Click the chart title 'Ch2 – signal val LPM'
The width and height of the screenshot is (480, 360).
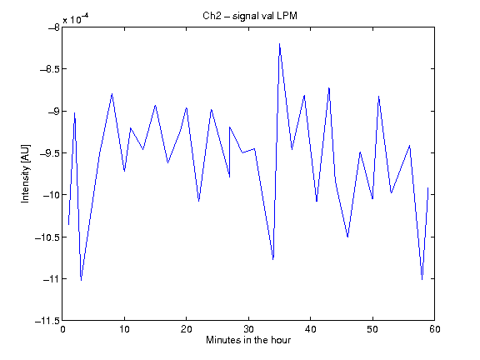(x=250, y=16)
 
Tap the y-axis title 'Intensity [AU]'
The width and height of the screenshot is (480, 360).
(x=25, y=173)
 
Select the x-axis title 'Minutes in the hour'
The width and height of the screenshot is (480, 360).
(x=248, y=340)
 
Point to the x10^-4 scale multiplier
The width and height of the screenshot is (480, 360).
(x=76, y=19)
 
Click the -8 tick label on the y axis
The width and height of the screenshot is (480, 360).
(x=54, y=27)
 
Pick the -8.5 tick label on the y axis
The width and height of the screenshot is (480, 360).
(x=50, y=69)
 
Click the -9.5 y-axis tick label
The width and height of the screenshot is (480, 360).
(x=50, y=153)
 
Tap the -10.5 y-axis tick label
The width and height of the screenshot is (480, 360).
(x=47, y=237)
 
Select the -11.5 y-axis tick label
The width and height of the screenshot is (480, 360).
(x=47, y=321)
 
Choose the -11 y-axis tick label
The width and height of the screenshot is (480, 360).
(x=52, y=279)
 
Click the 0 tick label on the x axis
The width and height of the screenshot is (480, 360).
(x=62, y=329)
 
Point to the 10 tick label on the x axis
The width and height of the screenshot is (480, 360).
(x=125, y=329)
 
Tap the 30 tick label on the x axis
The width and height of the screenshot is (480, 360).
(x=248, y=329)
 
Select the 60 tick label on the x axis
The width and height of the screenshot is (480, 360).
(x=435, y=329)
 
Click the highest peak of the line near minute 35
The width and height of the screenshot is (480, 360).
(x=279, y=44)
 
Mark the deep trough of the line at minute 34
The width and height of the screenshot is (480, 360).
(x=273, y=259)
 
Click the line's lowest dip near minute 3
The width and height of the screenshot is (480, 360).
(x=81, y=280)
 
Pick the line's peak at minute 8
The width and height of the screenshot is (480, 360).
(x=112, y=93)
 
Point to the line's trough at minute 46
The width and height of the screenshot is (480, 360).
(x=347, y=237)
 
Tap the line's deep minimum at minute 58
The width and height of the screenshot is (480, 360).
(x=422, y=279)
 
